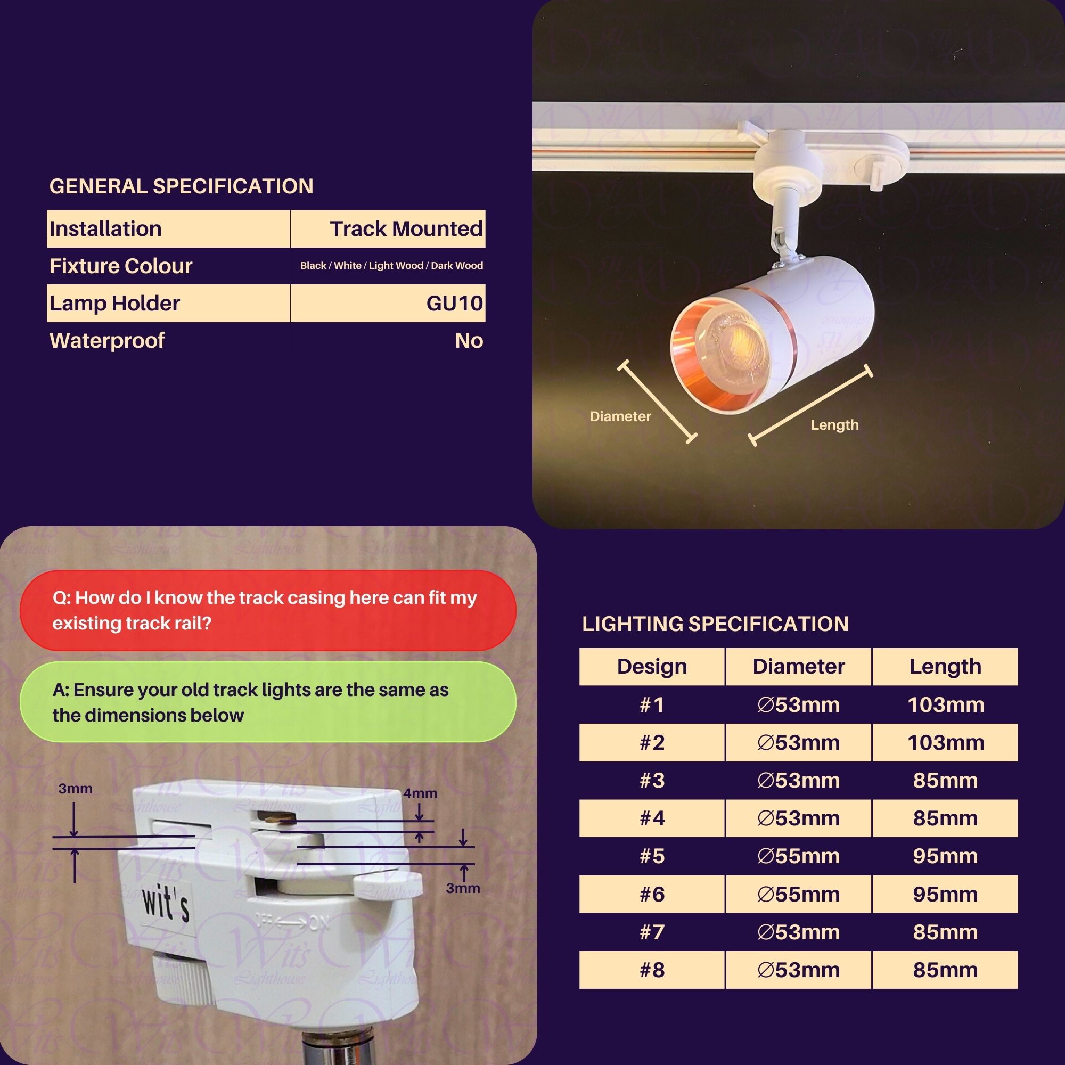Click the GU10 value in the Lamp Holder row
[x=454, y=303]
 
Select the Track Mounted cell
[x=406, y=229]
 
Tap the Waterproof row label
[x=107, y=341]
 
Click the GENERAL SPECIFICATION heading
[x=182, y=186]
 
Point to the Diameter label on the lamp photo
[x=620, y=416]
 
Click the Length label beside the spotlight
[x=834, y=425]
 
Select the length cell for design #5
[x=945, y=856]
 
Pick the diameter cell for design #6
[x=798, y=894]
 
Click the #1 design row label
[x=652, y=704]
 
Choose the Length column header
[x=945, y=667]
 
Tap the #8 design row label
[x=652, y=970]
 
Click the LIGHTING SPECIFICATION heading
[x=715, y=624]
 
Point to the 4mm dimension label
[x=420, y=793]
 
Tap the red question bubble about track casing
[x=268, y=610]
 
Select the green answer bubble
[x=268, y=702]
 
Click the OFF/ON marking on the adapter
[x=292, y=922]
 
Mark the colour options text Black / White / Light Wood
[x=391, y=266]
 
